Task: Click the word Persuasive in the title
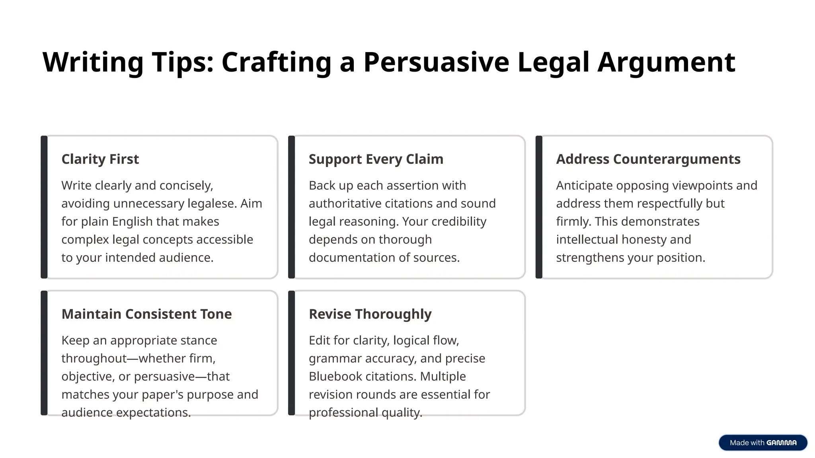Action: click(436, 62)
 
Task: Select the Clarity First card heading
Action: click(100, 159)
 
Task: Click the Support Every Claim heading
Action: click(376, 159)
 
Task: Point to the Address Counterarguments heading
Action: click(648, 159)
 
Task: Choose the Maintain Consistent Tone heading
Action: click(146, 314)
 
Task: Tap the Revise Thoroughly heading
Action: click(370, 314)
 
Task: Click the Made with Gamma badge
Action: click(763, 442)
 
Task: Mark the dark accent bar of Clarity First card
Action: click(44, 207)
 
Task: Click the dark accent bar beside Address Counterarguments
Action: click(539, 207)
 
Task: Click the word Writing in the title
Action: click(93, 62)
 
